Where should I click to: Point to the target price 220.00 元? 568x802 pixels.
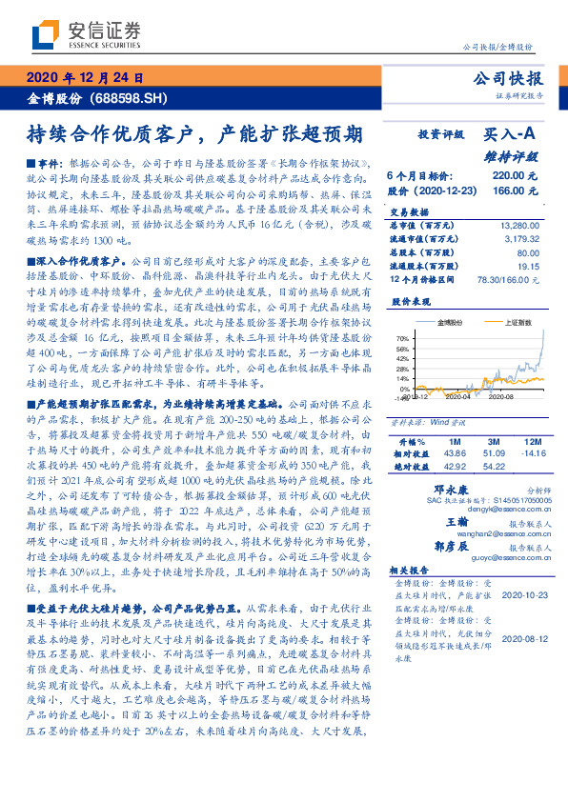[x=510, y=176]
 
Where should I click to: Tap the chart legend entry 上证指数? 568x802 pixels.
[x=504, y=323]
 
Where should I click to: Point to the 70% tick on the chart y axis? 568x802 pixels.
[x=403, y=338]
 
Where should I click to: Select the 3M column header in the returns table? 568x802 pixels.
[x=495, y=443]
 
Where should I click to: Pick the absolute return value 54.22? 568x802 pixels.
[x=495, y=466]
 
